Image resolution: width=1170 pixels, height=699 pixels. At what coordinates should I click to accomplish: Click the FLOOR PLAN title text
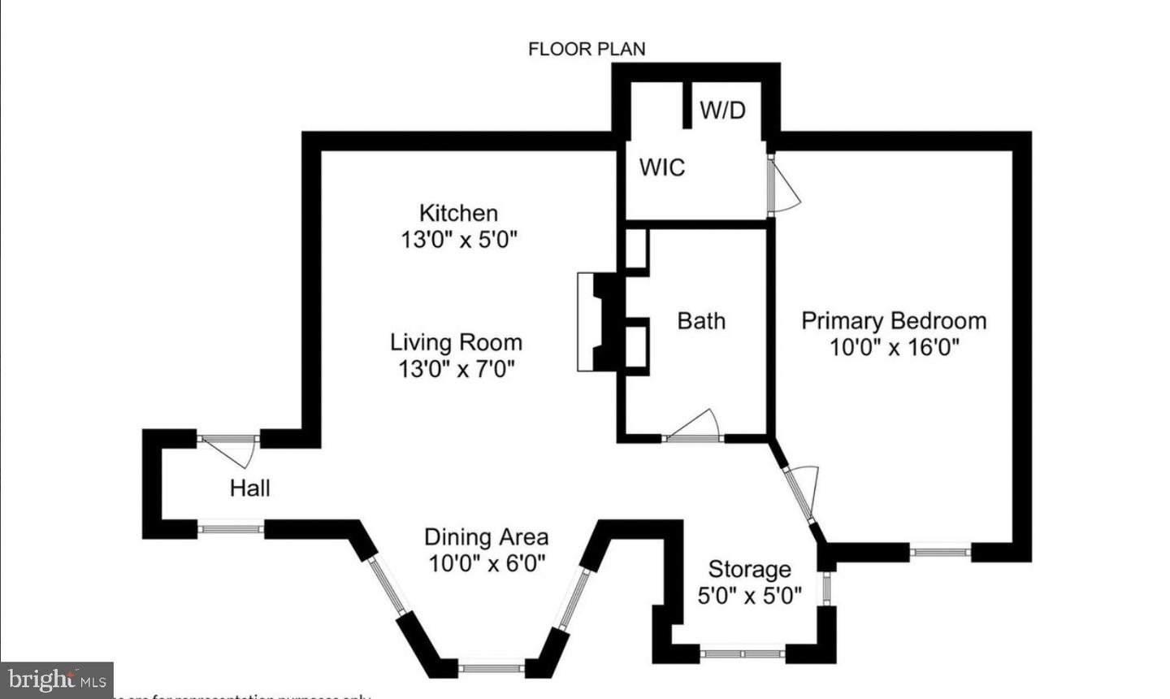click(x=587, y=49)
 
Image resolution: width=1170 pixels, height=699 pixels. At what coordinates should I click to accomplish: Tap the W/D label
click(x=722, y=110)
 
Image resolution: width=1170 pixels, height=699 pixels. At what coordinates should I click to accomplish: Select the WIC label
click(x=662, y=167)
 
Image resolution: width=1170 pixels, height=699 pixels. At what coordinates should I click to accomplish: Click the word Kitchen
click(x=458, y=213)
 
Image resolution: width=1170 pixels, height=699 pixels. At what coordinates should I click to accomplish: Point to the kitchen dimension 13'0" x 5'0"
click(x=458, y=240)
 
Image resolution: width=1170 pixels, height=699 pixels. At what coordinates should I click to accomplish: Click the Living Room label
click(x=456, y=342)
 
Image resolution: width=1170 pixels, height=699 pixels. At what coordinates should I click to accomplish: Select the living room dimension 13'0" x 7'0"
click(x=456, y=369)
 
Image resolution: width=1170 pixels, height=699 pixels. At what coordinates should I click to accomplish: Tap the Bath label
click(x=701, y=321)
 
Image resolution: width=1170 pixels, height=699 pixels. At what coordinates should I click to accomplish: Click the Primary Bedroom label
click(x=894, y=320)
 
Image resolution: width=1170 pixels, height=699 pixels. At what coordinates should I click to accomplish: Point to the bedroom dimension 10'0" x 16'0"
click(x=894, y=348)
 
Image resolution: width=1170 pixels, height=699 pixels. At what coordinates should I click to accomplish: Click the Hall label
click(x=249, y=488)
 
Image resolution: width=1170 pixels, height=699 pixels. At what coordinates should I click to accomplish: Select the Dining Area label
click(x=486, y=537)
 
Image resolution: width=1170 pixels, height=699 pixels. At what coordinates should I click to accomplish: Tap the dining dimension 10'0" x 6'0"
click(x=486, y=563)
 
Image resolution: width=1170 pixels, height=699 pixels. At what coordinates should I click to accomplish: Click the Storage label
click(x=749, y=569)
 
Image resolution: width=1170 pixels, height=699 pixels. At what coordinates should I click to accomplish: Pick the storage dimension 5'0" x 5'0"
click(x=749, y=596)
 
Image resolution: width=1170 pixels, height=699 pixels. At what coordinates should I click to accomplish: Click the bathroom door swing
click(x=695, y=428)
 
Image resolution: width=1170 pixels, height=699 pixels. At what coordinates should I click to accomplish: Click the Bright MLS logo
click(x=56, y=679)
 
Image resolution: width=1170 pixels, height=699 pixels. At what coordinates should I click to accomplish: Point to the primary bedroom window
click(x=939, y=552)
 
